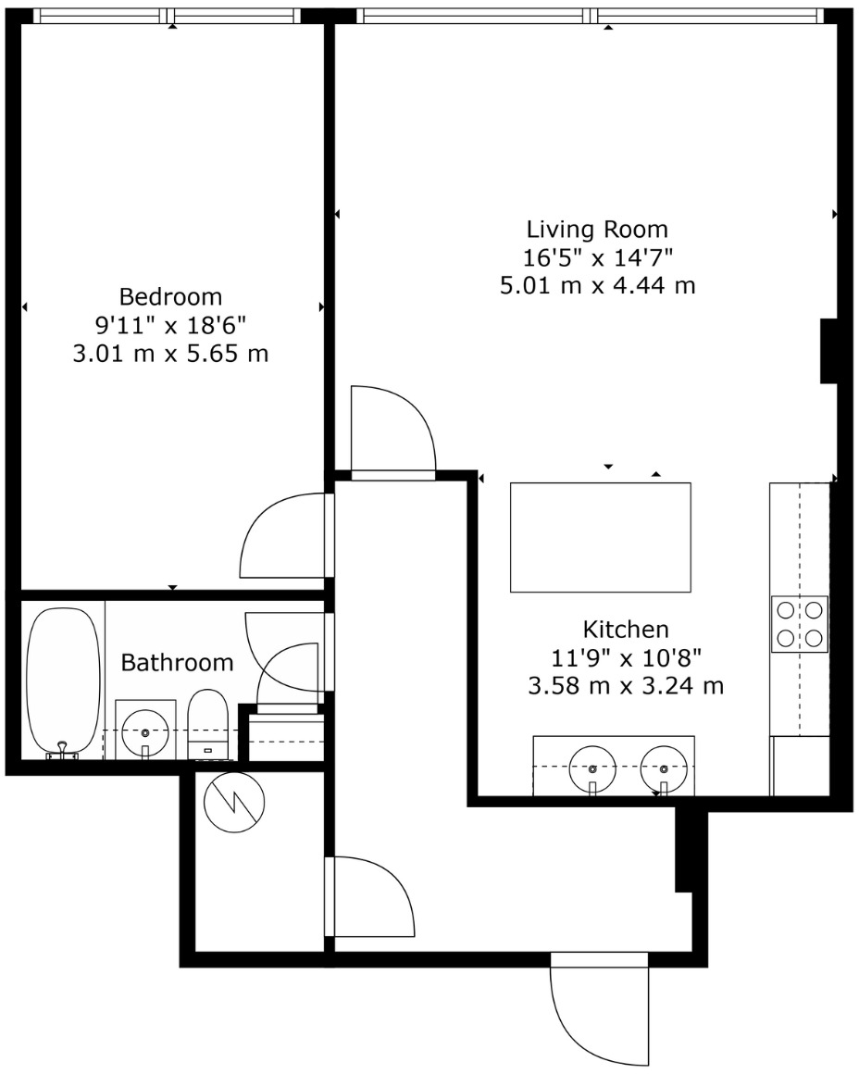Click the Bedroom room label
(171, 297)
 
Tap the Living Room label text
(597, 229)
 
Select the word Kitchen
(626, 630)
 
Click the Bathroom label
(178, 663)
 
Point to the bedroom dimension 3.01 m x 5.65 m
(171, 354)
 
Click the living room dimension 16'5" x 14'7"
(597, 256)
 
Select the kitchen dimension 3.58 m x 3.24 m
(626, 687)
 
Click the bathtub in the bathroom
(63, 681)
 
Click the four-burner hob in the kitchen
(799, 624)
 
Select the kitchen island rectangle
(601, 537)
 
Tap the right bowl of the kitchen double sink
(664, 767)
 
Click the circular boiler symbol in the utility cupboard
(234, 801)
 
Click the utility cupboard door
(370, 898)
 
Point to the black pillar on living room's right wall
(828, 351)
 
